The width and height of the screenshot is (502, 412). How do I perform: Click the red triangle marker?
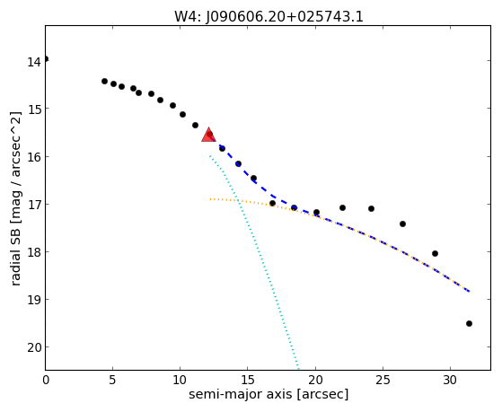tap(208, 135)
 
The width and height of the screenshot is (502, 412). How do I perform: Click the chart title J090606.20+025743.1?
tap(285, 16)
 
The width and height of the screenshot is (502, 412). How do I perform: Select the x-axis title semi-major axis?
tap(240, 394)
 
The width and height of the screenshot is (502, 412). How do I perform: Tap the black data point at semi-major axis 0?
tap(46, 58)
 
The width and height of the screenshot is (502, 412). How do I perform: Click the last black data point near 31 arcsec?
tap(469, 324)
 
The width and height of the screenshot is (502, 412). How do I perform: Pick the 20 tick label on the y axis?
tap(34, 347)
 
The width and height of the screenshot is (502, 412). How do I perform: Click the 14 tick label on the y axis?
tap(34, 62)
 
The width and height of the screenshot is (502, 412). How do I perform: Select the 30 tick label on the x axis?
tap(450, 380)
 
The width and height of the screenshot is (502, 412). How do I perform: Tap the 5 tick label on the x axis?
tap(112, 380)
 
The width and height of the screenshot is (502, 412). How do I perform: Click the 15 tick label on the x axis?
tap(248, 380)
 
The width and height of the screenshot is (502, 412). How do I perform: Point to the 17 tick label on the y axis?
tap(34, 205)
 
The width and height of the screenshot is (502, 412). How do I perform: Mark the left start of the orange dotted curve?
tap(211, 199)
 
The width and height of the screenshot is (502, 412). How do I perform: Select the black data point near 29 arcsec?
tap(435, 253)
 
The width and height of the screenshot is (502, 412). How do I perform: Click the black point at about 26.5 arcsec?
tap(402, 224)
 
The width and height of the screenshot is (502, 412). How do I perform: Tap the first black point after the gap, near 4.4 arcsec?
tap(104, 81)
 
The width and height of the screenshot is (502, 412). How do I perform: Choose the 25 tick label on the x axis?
tap(383, 380)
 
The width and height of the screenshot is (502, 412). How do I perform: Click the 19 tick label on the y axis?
tap(34, 300)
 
